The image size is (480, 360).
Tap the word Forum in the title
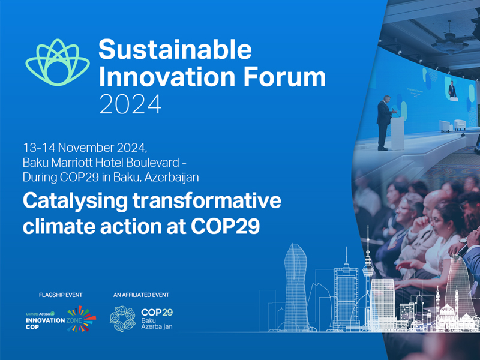point(287,76)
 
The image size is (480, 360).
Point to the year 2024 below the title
point(130,104)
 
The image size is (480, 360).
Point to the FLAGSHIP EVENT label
point(60,295)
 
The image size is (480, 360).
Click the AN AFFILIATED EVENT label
point(141,295)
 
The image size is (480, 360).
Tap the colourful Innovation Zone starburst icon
point(82,319)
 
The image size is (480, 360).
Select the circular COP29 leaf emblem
point(122,319)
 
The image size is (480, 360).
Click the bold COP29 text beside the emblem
point(157,312)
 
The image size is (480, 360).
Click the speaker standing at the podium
point(384,123)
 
